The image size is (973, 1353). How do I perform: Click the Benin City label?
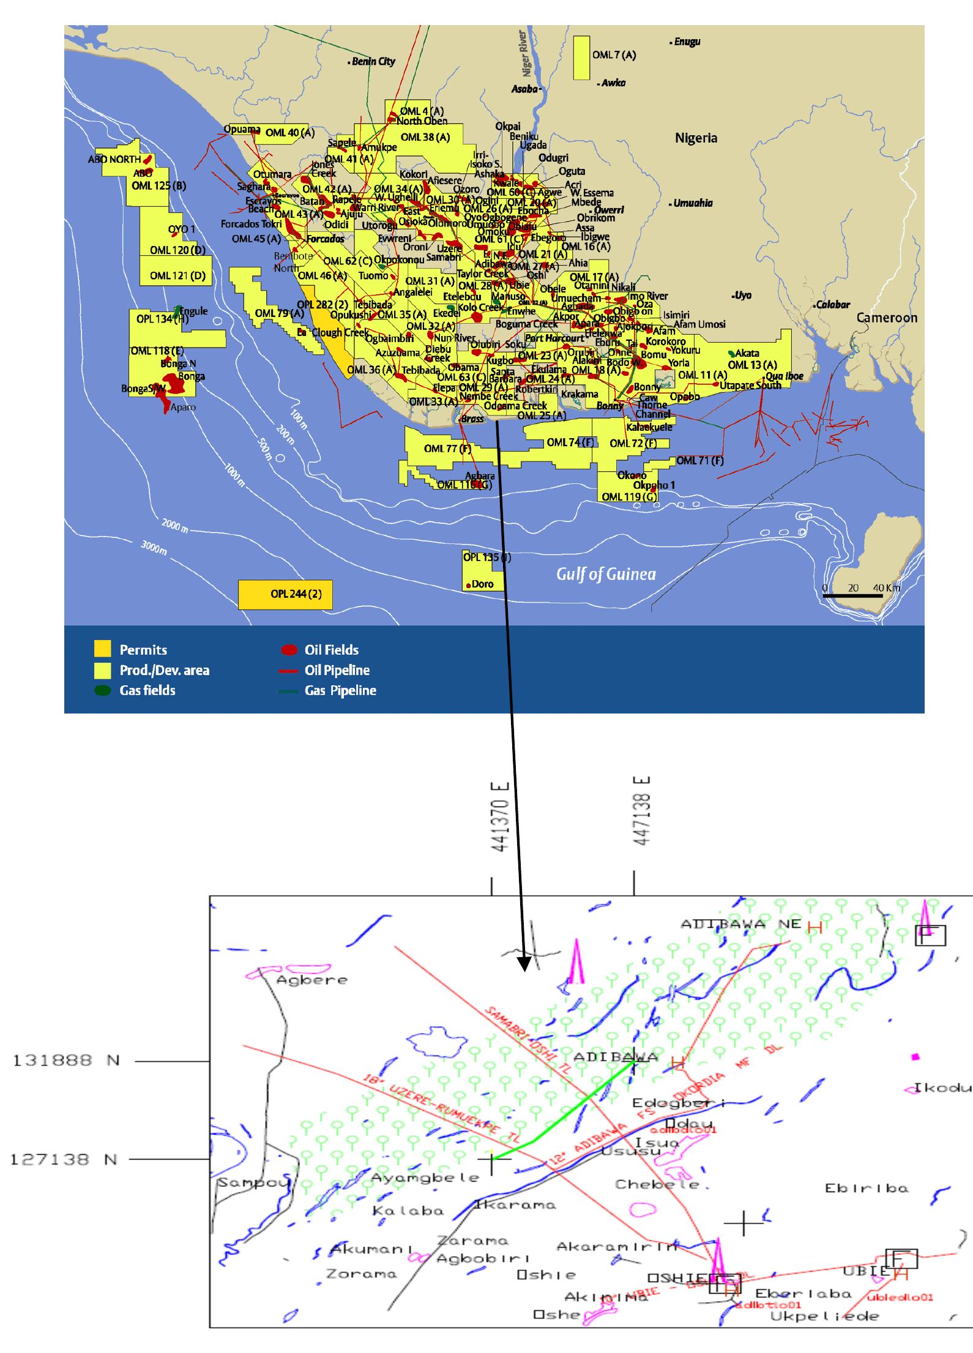point(373,61)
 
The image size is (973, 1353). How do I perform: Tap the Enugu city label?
point(687,42)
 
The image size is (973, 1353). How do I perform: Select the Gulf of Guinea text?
point(606,574)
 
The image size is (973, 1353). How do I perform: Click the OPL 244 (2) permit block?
point(285,594)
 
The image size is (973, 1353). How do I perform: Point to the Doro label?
point(482,584)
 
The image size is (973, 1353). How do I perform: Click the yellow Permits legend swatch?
point(102,649)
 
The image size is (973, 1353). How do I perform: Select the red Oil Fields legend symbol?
point(289,649)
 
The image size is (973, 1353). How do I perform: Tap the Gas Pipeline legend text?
point(340,690)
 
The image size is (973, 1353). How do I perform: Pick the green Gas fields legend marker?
point(102,690)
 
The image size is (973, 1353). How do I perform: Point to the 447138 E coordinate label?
point(642,811)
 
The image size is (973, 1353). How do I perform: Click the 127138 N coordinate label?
point(64,1159)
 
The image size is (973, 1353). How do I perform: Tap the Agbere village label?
point(311,980)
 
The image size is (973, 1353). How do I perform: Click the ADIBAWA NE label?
point(740,924)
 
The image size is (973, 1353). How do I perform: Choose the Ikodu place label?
point(943,1087)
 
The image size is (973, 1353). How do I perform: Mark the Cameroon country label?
point(887,318)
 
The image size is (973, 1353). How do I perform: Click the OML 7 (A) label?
point(614,55)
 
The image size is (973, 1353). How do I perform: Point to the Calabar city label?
point(833,304)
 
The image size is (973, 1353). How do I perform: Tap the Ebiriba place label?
point(867,1188)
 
